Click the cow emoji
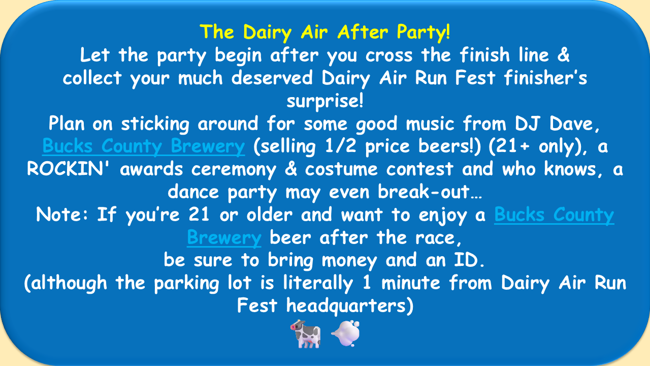(x=306, y=334)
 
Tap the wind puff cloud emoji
(x=346, y=333)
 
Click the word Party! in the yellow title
(x=424, y=32)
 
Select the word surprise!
(x=325, y=101)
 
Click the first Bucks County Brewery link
(x=144, y=146)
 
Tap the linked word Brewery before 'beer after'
(x=224, y=238)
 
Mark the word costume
(x=341, y=169)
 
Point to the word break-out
(x=430, y=192)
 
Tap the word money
(x=349, y=261)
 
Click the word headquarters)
(x=350, y=306)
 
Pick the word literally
(x=318, y=283)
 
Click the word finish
(x=484, y=55)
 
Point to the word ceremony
(x=234, y=170)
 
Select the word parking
(x=186, y=283)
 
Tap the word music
(x=430, y=124)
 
